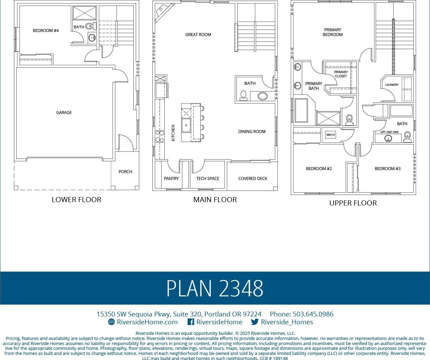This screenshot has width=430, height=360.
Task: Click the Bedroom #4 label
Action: pos(46,31)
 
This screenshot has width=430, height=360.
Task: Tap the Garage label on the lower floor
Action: pos(64,112)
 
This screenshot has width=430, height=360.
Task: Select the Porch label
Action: pos(125,171)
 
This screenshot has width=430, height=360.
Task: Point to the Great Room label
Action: pos(198,35)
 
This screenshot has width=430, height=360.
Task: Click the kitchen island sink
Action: pos(186,125)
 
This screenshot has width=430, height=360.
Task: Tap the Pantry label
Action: pos(171,179)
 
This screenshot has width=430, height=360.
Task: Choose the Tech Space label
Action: pos(208,179)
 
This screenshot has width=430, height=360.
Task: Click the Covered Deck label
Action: pos(253,179)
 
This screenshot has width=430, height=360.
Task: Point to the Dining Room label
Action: pos(252,132)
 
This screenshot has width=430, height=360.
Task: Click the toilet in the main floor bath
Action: pos(244,96)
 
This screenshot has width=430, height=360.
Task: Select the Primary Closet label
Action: pos(341,74)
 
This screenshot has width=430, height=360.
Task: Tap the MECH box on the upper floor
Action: pos(331,135)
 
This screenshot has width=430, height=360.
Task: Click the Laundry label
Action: pos(392,85)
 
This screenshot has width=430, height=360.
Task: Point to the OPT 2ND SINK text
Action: pos(390,132)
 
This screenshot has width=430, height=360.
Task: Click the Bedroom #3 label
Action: pos(387,169)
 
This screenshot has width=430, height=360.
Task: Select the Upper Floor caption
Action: pos(353,203)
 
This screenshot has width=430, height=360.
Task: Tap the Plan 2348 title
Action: pos(215,288)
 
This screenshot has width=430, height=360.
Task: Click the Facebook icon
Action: pos(191,322)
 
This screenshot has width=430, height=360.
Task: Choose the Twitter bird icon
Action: pos(255,322)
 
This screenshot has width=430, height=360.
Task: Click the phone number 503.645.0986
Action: pos(313,314)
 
